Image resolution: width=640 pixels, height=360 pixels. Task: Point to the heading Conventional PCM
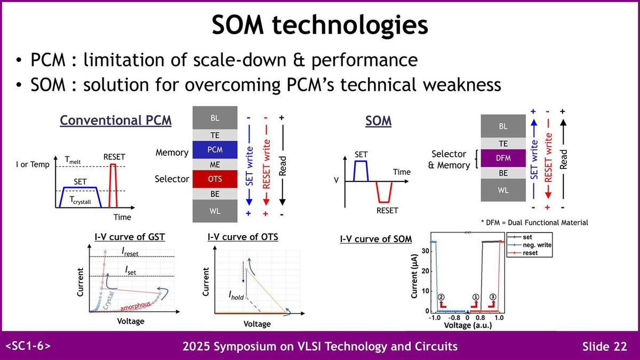point(116,121)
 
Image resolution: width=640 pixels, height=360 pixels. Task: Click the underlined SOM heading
point(378,121)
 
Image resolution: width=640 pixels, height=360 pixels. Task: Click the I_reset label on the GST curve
point(131,251)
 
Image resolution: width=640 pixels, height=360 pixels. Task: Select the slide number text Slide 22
point(604,347)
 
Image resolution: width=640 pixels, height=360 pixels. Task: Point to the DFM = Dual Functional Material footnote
point(534,222)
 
